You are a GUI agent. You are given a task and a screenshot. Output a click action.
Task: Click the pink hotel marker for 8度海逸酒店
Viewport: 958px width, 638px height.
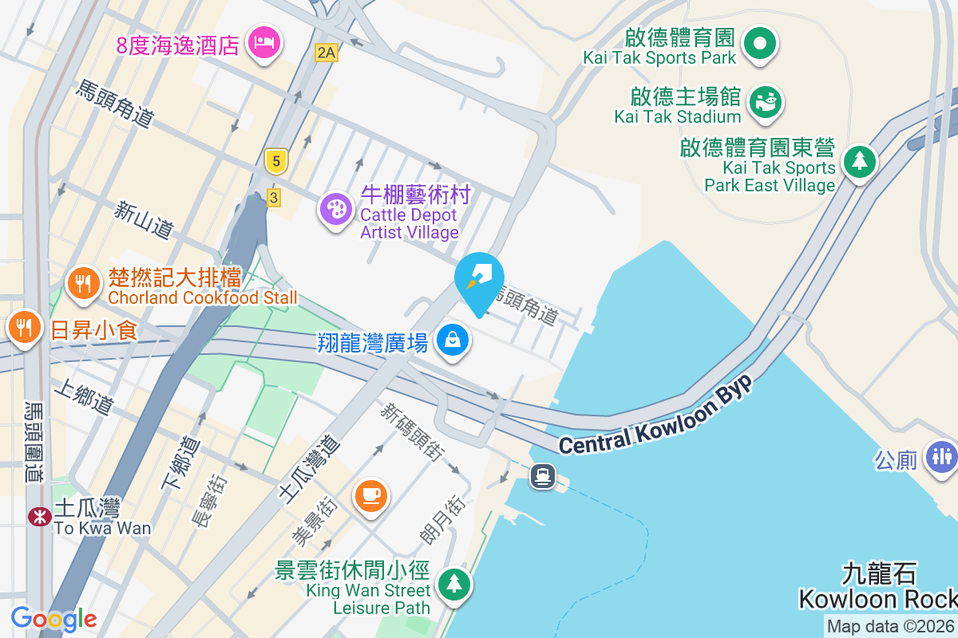tap(263, 41)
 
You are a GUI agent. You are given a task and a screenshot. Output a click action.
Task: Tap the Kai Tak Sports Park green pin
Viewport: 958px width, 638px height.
tap(760, 41)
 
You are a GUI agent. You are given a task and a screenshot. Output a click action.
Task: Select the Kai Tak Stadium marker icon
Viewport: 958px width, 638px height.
tap(765, 100)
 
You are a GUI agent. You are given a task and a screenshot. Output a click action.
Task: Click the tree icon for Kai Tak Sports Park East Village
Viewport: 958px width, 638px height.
tap(859, 162)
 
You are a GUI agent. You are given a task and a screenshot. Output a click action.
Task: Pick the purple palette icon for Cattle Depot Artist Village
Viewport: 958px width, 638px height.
tap(336, 210)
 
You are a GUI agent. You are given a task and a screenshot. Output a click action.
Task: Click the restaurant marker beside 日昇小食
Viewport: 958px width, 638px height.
tap(24, 326)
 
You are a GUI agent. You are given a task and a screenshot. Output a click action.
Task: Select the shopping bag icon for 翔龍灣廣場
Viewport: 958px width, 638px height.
tap(453, 341)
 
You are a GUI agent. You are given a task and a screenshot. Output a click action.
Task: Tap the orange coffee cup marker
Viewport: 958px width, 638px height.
tap(371, 495)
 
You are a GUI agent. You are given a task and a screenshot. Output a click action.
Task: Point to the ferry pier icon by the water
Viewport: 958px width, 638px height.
tap(544, 476)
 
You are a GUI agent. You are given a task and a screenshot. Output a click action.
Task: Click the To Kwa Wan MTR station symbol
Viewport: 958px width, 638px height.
tap(38, 517)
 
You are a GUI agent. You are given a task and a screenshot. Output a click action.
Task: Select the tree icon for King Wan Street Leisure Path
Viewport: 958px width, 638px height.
tap(454, 583)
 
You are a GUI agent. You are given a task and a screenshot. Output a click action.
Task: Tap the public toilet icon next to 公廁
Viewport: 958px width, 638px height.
tap(942, 457)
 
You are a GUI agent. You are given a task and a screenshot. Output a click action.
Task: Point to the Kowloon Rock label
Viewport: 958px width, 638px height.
tap(878, 598)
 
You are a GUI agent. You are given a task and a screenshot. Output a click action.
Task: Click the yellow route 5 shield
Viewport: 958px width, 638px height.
tap(275, 162)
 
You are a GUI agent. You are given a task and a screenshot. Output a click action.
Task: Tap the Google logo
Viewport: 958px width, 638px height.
tap(53, 619)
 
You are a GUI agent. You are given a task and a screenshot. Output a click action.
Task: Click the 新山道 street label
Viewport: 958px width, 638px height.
tap(144, 219)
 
